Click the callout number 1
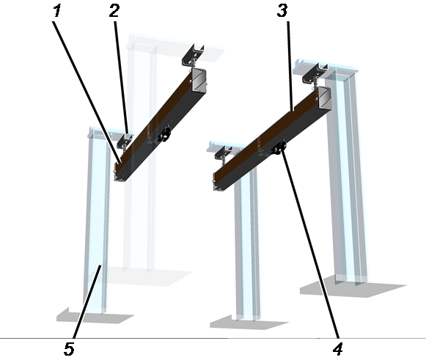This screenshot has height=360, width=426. (x=57, y=12)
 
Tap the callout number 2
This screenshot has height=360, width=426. (x=114, y=12)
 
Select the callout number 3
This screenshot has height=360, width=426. (x=282, y=12)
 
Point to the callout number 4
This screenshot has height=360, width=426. (x=338, y=349)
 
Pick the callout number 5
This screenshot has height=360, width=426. (x=69, y=349)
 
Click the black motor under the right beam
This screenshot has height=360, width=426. (x=279, y=147)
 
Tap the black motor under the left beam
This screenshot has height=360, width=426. (x=165, y=134)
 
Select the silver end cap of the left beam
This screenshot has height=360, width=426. (x=199, y=80)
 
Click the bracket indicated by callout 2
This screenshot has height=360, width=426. (x=125, y=140)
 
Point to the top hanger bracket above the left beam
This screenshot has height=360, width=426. (x=193, y=55)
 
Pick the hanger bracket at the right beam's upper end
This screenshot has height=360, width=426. (x=316, y=73)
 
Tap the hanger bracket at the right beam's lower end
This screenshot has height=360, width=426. (x=224, y=153)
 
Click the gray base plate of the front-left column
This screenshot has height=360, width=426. (x=95, y=316)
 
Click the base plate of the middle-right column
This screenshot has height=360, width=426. (x=249, y=323)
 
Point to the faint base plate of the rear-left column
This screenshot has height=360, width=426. (x=148, y=276)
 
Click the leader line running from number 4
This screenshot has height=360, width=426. (x=309, y=243)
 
